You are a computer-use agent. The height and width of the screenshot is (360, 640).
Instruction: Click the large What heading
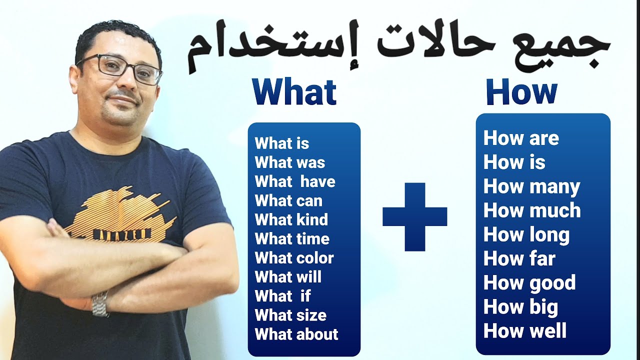[x=294, y=92]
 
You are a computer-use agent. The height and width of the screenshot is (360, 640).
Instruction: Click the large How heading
[x=521, y=91]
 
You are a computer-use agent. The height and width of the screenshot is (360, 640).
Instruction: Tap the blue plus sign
[x=414, y=216]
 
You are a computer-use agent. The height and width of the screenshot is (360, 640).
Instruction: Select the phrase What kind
[x=291, y=220]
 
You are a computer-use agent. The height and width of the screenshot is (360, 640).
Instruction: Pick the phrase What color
[x=294, y=258]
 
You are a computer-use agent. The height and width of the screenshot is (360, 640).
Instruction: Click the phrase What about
[x=296, y=334]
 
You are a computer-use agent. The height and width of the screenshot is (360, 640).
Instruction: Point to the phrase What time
[x=292, y=239]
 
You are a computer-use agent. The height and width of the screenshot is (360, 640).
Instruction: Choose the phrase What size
[x=290, y=315]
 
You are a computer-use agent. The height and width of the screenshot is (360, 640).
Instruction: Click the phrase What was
[x=290, y=162]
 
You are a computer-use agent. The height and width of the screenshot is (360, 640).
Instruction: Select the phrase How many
[x=531, y=186]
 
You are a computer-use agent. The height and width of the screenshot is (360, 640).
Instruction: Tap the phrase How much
[x=532, y=210]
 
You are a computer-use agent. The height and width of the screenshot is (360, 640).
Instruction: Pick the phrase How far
[x=519, y=259]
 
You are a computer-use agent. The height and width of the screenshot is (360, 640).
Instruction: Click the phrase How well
[x=525, y=331]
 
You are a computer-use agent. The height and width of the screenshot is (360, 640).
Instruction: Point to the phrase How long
[x=526, y=235]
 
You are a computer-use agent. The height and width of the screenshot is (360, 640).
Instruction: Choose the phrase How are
[x=521, y=138]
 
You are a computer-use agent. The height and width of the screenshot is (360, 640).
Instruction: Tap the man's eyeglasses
[x=122, y=68]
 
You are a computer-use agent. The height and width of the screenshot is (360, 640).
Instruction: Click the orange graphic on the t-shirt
[x=120, y=215]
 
